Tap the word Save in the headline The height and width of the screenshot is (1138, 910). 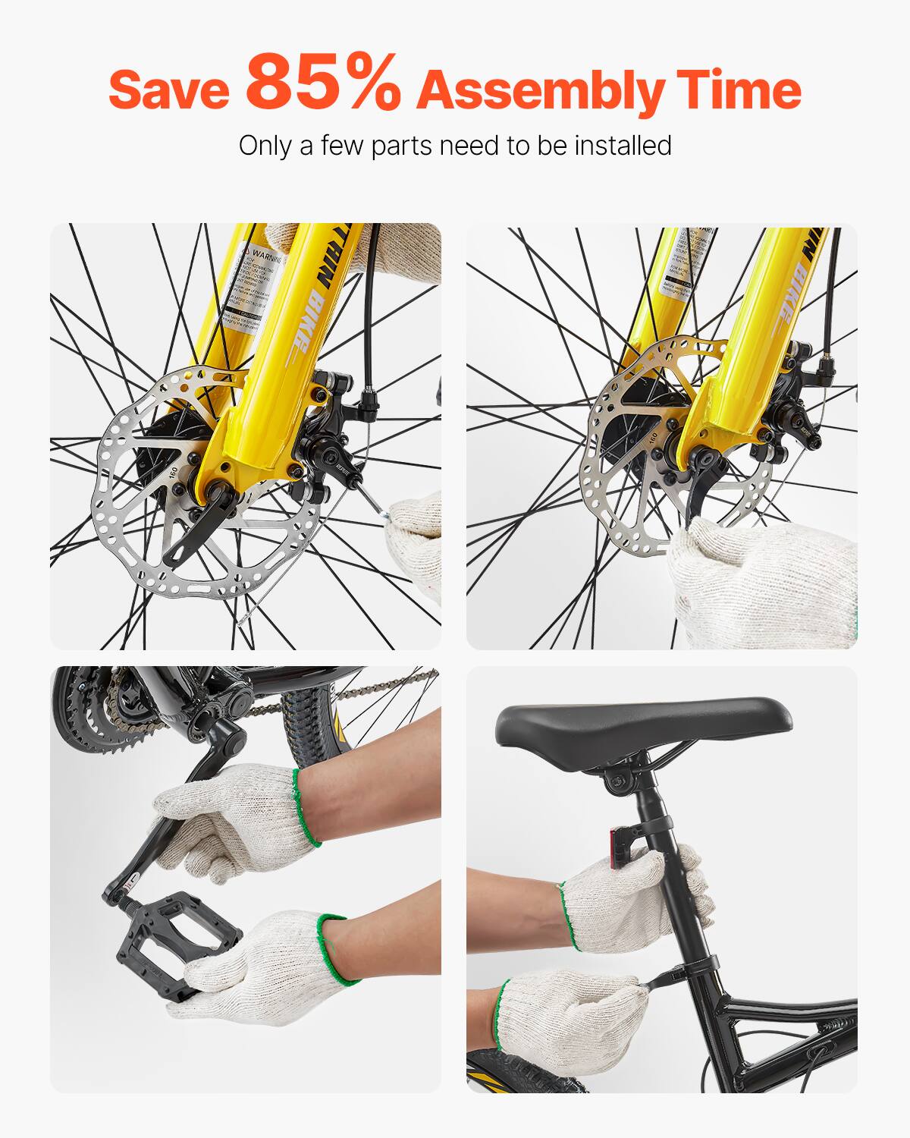(x=168, y=90)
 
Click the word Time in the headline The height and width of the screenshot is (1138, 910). (x=739, y=90)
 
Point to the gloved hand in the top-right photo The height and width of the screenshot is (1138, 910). (x=758, y=584)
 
